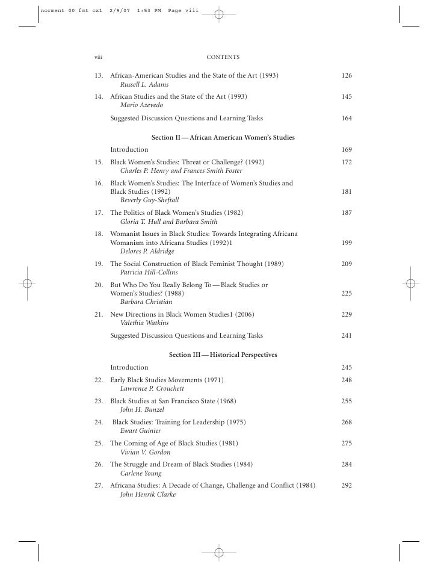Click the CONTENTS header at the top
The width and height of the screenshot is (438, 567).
[x=223, y=57]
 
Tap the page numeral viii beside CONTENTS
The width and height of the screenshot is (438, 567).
[x=98, y=57]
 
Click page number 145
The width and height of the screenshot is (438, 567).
[x=346, y=96]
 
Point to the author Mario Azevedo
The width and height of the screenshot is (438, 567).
[x=141, y=105]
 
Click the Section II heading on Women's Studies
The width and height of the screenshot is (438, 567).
[x=223, y=138]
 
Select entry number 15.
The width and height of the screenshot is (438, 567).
[x=99, y=163]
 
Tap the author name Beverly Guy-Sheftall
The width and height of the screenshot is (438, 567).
[x=150, y=200]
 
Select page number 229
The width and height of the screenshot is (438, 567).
[x=346, y=314]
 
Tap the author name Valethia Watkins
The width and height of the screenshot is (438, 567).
[x=144, y=323]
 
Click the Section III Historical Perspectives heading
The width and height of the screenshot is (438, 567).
[x=223, y=355]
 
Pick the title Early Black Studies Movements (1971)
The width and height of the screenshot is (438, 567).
[x=167, y=380]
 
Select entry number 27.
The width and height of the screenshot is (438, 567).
[x=99, y=485]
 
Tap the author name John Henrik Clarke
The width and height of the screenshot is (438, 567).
[x=148, y=495]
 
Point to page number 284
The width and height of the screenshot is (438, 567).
[x=346, y=464]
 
